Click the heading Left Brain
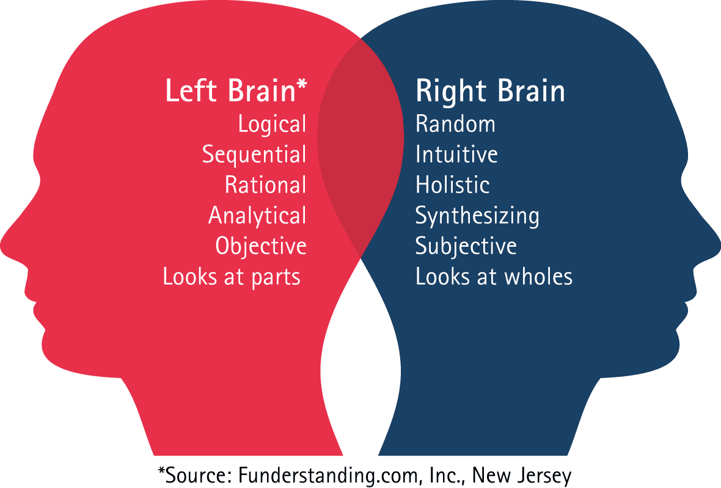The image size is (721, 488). click(230, 90)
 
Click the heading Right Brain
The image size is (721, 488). click(490, 91)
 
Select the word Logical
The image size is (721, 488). click(273, 125)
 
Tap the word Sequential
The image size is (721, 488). click(254, 155)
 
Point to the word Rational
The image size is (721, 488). click(265, 184)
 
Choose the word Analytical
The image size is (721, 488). click(257, 216)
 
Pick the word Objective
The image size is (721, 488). click(261, 246)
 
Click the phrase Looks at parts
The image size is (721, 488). click(232, 277)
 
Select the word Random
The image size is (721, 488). click(455, 124)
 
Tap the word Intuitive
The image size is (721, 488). click(456, 155)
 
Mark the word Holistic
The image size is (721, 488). click(453, 184)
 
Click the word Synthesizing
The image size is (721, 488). click(477, 216)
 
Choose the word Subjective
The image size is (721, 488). click(466, 246)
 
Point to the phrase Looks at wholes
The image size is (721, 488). click(494, 277)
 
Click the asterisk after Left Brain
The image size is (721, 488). click(302, 85)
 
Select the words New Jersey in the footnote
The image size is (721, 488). click(522, 476)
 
